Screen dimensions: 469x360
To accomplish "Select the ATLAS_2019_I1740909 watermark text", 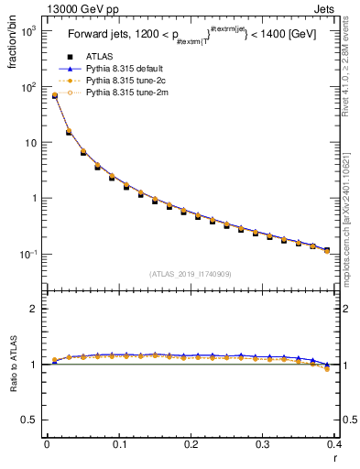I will (x=190, y=273).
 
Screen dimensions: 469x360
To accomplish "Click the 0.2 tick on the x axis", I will (x=191, y=444).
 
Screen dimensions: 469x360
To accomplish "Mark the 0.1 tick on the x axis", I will (x=118, y=444).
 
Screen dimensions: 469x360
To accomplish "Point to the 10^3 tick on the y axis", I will (x=29, y=31).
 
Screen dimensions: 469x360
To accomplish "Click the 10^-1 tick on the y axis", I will (x=29, y=254).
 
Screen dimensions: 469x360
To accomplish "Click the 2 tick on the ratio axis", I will (x=36, y=309).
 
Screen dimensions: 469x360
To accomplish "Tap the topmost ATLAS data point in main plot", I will (x=54, y=96).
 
